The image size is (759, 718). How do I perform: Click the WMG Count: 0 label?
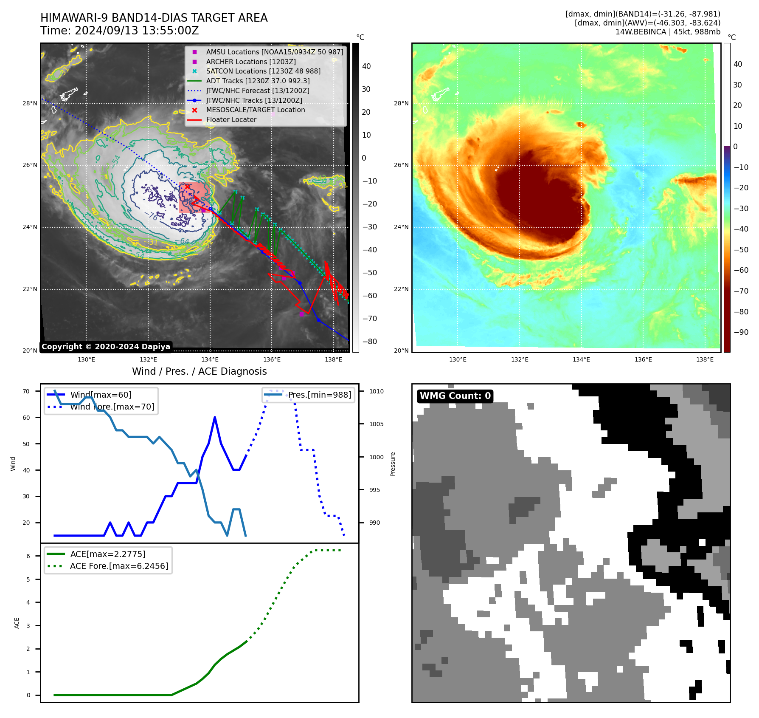(455, 396)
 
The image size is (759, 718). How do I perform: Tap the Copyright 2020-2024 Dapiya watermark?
(106, 347)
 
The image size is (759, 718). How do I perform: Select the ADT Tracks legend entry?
(258, 81)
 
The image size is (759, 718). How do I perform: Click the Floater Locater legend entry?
(231, 120)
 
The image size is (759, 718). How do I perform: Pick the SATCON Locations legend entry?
(263, 71)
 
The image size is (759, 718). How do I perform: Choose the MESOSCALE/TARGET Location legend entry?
(255, 110)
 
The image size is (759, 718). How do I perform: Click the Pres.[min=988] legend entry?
(319, 395)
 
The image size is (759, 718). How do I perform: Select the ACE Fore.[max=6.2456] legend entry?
(119, 566)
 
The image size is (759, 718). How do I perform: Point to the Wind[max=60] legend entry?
(101, 395)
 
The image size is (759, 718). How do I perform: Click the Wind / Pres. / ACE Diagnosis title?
(200, 372)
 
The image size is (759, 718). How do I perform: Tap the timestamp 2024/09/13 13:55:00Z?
(137, 31)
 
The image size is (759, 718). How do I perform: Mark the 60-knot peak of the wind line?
(215, 418)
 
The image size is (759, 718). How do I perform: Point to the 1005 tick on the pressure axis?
(376, 424)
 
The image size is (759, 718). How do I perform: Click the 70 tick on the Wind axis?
(26, 391)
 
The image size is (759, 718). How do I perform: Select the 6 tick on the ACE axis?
(28, 556)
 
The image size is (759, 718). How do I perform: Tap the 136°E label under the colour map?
(643, 359)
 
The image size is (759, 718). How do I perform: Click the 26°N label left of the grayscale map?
(30, 165)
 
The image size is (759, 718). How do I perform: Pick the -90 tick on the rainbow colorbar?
(741, 332)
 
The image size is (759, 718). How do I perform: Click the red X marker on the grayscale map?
(188, 187)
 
